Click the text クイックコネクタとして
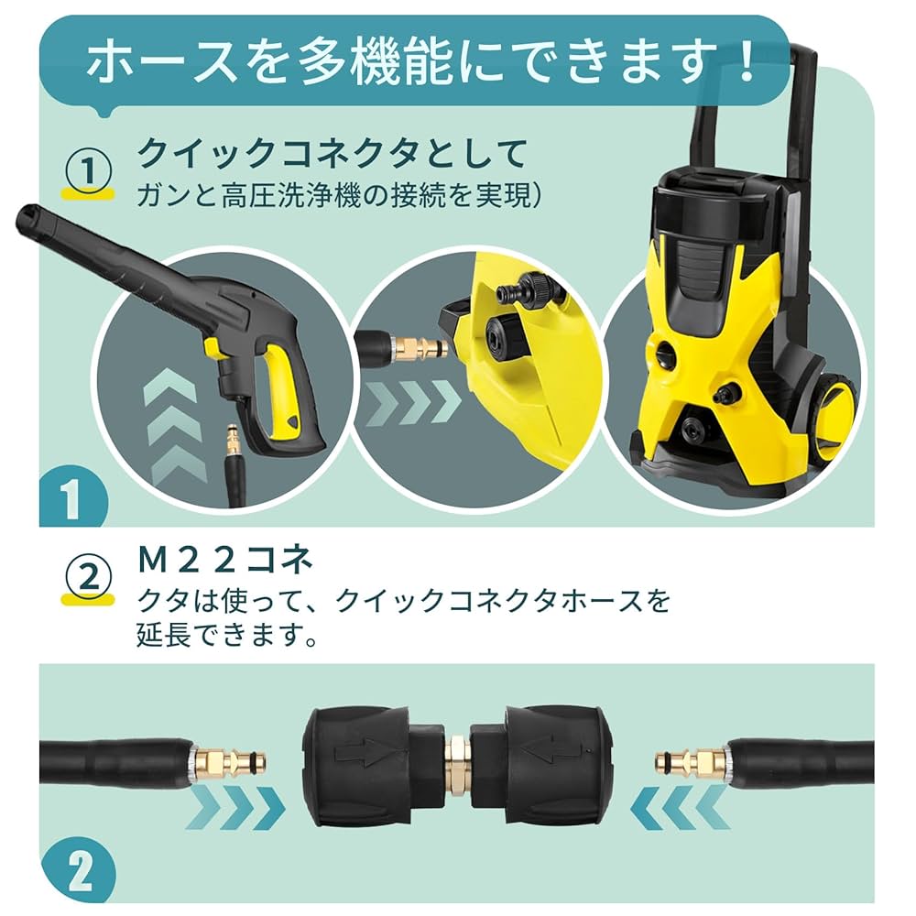[332, 153]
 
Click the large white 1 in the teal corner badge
[71, 500]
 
